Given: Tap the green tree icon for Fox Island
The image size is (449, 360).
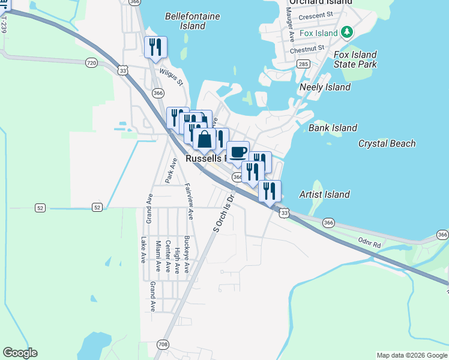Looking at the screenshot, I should [x=346, y=31].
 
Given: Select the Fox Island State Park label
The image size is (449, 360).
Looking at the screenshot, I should [x=355, y=59].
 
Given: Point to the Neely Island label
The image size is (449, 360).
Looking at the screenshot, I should [x=325, y=87].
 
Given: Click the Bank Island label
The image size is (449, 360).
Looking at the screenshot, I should [x=333, y=128].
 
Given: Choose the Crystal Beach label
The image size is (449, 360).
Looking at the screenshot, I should [x=387, y=143].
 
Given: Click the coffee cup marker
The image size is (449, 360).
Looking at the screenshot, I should [x=238, y=151].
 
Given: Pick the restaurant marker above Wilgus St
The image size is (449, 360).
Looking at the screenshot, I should [x=155, y=47].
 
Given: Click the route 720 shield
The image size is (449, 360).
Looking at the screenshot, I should [x=91, y=62].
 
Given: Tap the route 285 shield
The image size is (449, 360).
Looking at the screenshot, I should [x=303, y=64].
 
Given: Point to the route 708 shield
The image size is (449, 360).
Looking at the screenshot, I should [x=163, y=344].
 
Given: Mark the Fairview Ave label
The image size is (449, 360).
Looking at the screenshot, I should [x=189, y=201].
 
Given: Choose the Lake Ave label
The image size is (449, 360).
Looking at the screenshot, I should [x=143, y=250].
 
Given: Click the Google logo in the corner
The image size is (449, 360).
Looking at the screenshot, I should [x=20, y=353].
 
